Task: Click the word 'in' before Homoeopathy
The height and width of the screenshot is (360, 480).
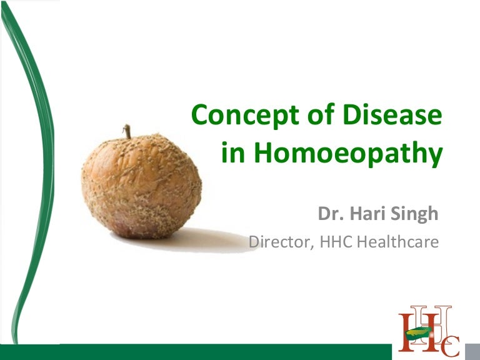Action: coord(232,154)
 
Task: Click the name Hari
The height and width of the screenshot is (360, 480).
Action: coord(369,214)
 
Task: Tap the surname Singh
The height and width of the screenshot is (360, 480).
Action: coord(416,214)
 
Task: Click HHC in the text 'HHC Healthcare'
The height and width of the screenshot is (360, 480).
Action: coord(337,241)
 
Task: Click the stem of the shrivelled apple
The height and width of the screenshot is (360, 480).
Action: coord(128,131)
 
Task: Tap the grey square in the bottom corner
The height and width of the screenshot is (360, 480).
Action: coord(473,352)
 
